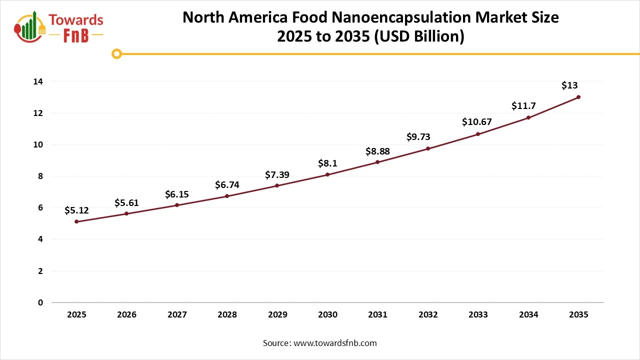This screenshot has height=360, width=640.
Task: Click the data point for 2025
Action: tap(76, 221)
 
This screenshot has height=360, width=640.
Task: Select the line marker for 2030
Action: tap(327, 174)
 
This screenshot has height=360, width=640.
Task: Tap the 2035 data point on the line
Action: tap(578, 97)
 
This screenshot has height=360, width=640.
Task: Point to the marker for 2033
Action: tap(478, 134)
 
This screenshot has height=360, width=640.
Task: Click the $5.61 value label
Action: tap(126, 202)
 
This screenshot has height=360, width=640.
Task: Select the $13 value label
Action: tap(569, 85)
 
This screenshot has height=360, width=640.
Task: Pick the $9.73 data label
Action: tap(418, 137)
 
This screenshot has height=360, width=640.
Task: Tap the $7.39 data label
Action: tap(277, 174)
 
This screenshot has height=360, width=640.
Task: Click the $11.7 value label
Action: tap(523, 106)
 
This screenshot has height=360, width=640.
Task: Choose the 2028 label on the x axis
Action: tap(227, 315)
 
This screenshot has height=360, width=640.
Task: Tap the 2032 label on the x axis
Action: tap(428, 315)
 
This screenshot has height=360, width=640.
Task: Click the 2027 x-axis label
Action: tap(177, 315)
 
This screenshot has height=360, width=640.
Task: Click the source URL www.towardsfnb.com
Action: tap(335, 343)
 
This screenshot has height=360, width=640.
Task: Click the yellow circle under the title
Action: tap(116, 53)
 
